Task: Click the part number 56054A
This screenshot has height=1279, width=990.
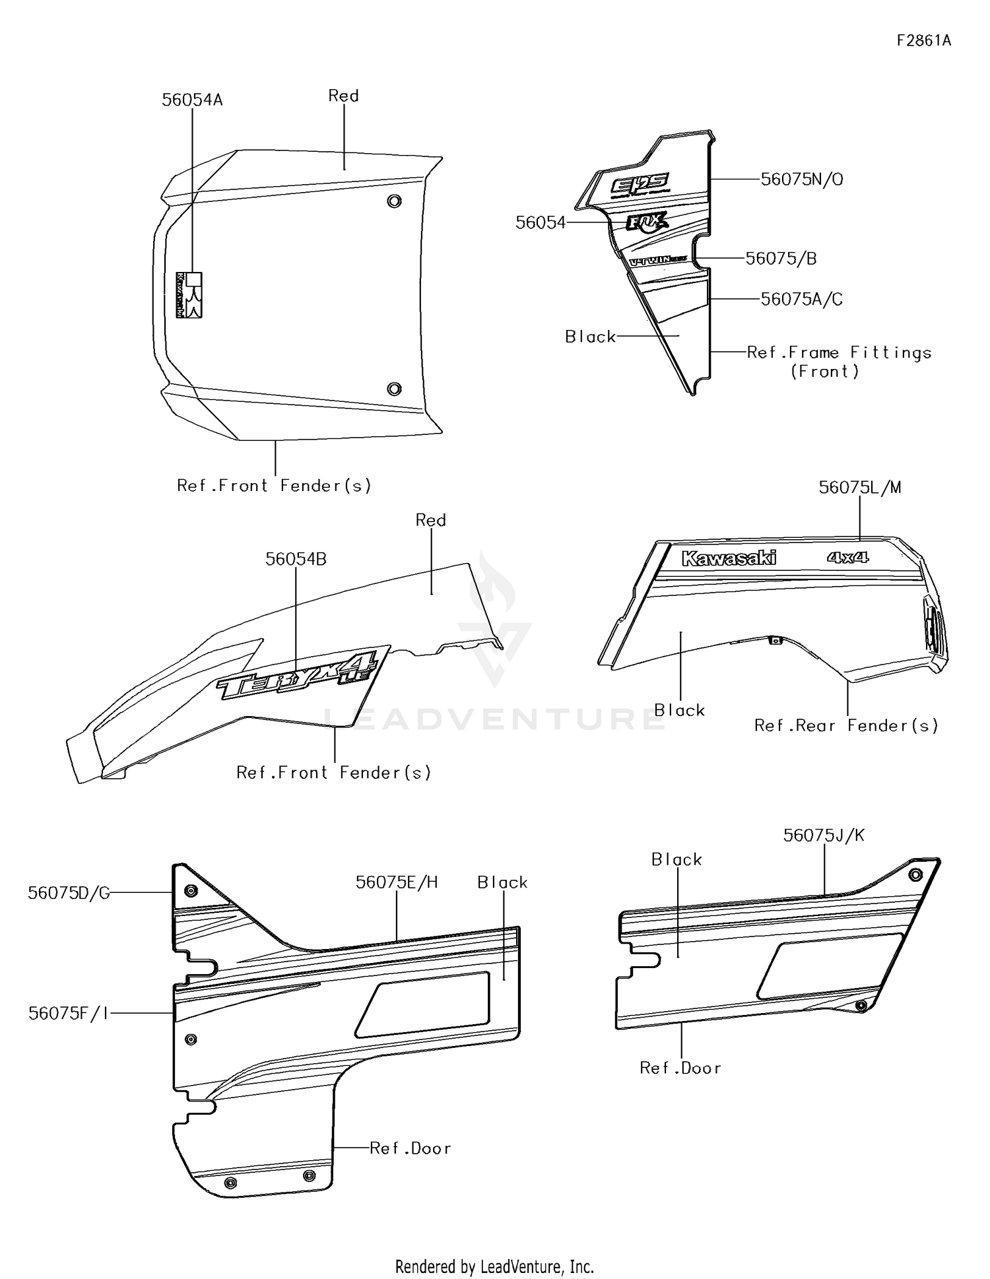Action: pos(192,100)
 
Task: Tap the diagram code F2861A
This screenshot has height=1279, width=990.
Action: pos(923,40)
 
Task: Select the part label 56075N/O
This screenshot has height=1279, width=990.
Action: pos(801,180)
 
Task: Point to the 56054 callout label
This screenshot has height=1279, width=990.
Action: pos(540,223)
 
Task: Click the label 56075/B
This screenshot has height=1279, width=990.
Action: pos(781,259)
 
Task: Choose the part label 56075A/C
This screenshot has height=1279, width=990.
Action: pos(801,300)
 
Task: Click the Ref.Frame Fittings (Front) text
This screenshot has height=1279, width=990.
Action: pos(838,362)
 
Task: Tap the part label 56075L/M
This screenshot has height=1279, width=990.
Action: pos(859,488)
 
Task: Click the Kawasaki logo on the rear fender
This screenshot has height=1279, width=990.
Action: pos(729,558)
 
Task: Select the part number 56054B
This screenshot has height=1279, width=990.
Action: pos(296,559)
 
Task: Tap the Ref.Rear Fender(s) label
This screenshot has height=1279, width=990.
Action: pos(846,726)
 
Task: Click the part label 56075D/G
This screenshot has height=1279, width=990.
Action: pos(69,893)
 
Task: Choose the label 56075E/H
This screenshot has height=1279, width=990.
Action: pos(396,882)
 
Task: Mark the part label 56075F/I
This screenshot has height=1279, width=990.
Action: pos(68,1013)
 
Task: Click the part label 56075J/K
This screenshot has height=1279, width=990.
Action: pos(823,836)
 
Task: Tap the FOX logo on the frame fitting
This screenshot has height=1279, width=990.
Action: pos(647,221)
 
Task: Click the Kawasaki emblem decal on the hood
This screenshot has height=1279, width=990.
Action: pos(189,295)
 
